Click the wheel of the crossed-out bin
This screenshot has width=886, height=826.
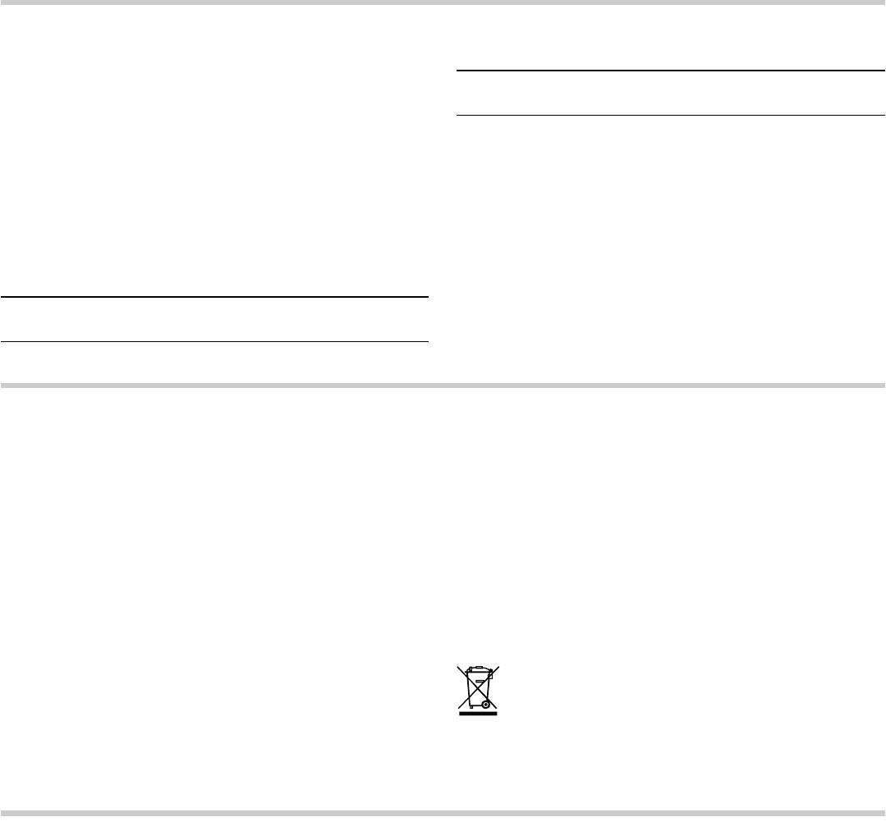coord(486,703)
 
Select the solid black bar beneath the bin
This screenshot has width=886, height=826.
coord(478,714)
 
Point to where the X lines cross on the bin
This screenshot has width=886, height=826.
coord(478,687)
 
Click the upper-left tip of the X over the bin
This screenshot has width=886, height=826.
coord(457,666)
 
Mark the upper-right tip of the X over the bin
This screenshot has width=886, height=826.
coord(498,666)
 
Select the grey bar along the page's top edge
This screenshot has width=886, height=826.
coord(443,2)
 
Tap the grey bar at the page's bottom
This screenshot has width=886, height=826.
coord(443,814)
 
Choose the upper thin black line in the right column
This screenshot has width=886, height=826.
coord(670,71)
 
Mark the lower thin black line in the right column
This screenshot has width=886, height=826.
coord(670,115)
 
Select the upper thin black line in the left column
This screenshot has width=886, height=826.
coord(214,297)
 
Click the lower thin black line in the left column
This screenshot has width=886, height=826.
coord(214,341)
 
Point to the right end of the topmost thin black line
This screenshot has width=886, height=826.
coord(884,71)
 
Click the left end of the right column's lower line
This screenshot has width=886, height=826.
coord(457,115)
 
